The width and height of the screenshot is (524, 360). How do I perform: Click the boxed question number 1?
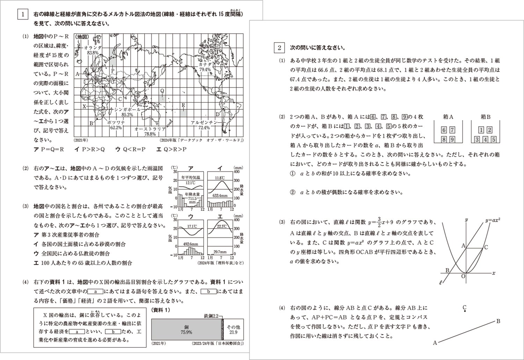23,14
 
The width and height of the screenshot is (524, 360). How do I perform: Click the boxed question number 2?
279,48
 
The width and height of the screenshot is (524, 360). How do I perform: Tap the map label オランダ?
93,47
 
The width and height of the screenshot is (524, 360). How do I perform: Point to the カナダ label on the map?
205,65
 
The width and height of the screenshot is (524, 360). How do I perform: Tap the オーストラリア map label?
150,129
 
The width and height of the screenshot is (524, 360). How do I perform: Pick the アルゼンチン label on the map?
204,123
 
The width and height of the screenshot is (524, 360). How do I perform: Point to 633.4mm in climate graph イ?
220,196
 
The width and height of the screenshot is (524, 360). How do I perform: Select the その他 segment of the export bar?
233,327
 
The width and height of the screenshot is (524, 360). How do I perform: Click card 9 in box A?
452,140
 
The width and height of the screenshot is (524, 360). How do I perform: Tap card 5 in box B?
493,140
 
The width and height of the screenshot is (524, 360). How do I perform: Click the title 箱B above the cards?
485,117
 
